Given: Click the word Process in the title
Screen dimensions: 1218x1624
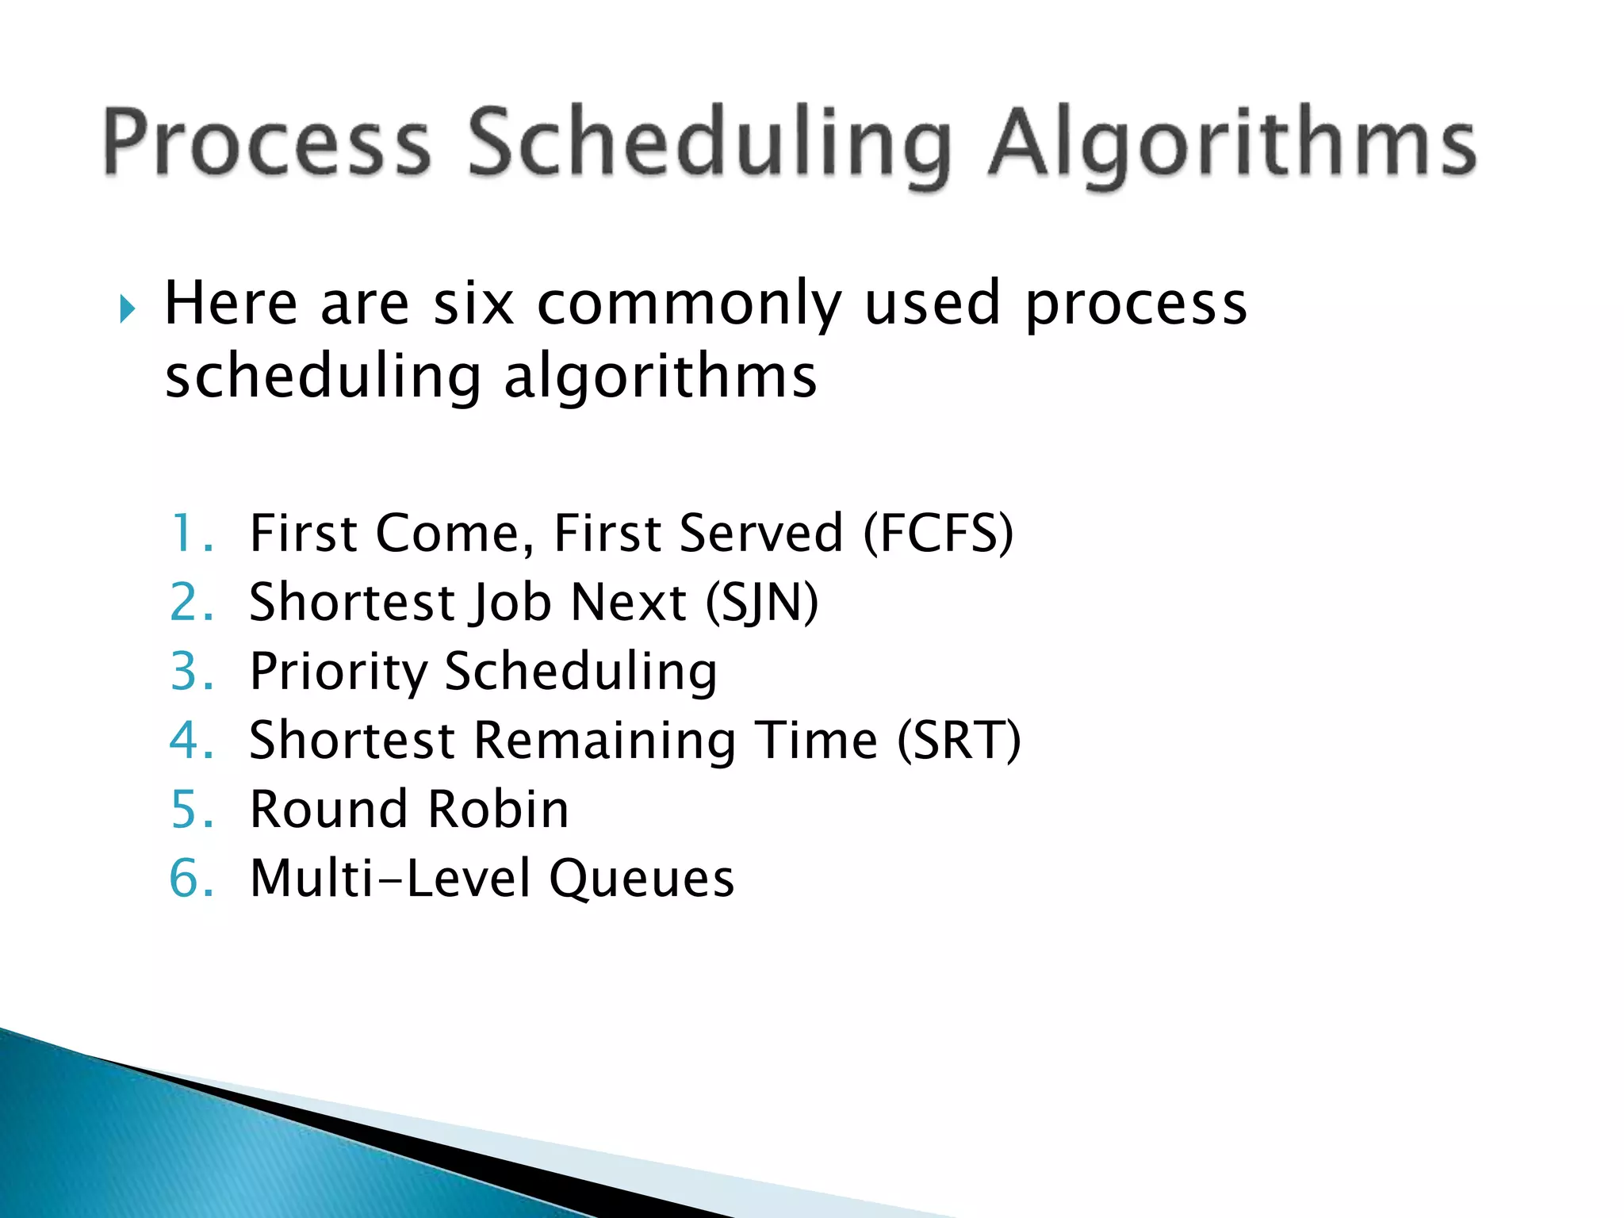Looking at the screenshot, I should [266, 143].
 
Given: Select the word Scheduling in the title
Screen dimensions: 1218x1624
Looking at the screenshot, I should [709, 144].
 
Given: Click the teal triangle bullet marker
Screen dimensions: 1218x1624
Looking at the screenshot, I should [128, 308].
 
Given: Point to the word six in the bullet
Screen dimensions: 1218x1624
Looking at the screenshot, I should [473, 304].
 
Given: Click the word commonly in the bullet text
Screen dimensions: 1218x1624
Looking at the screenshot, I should [688, 305].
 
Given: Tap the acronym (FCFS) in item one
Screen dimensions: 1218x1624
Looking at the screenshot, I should [938, 534].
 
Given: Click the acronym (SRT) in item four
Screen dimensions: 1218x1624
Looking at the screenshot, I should [959, 741].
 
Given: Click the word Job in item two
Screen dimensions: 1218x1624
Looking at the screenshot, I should [511, 603].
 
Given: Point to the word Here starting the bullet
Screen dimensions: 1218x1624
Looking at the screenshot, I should [231, 304].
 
